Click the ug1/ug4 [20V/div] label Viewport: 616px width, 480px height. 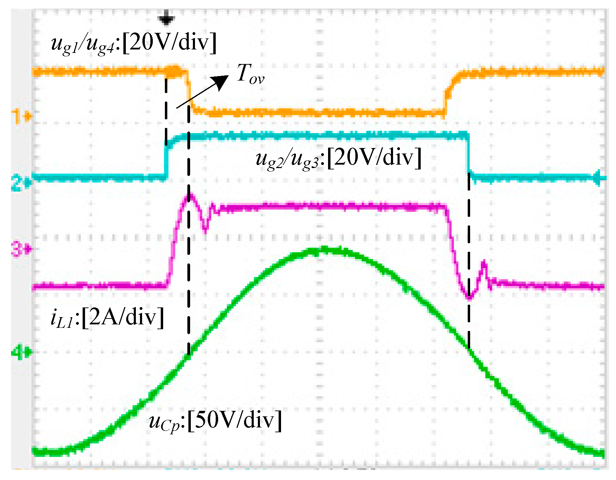coord(134,44)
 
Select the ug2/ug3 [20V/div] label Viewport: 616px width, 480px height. coord(338,158)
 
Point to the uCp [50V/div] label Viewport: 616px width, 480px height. coord(215,421)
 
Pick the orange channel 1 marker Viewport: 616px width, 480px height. coord(21,116)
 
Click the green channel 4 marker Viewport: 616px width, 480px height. coord(21,352)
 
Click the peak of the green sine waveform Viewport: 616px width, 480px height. coord(323,250)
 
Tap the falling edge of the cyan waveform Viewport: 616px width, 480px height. coord(469,156)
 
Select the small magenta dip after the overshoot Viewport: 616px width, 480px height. coord(206,230)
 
